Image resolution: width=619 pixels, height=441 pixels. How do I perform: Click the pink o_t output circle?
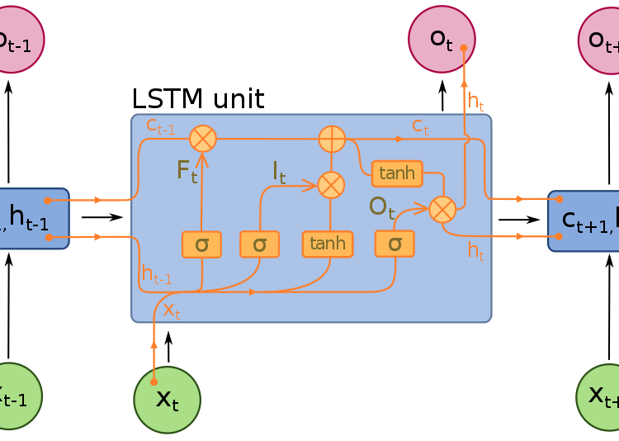click(442, 39)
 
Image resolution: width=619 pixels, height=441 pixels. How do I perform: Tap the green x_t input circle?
click(167, 400)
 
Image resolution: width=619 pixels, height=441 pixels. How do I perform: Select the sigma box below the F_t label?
click(201, 244)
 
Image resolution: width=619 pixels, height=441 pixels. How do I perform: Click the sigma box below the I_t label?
click(259, 244)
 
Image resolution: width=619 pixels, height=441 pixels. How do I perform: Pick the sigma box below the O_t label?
click(395, 244)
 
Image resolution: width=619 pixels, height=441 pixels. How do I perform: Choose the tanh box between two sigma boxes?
click(328, 244)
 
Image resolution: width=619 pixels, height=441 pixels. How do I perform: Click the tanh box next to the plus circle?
click(397, 173)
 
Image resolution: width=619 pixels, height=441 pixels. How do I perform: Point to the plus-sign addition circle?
click(332, 139)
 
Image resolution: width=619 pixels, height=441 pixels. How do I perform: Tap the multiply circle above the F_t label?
click(203, 139)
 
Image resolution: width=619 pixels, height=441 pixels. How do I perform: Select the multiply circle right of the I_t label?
click(331, 184)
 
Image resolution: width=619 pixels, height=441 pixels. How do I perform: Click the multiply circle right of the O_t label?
click(442, 209)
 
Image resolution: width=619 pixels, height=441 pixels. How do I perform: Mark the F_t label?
click(187, 171)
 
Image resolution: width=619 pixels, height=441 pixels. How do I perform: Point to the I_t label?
click(279, 172)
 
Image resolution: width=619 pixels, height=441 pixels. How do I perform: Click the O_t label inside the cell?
click(381, 206)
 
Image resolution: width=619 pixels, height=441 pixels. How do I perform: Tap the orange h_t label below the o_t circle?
click(475, 102)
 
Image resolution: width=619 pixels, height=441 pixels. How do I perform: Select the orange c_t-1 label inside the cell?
click(160, 126)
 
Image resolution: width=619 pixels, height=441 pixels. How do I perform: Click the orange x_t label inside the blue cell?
click(171, 310)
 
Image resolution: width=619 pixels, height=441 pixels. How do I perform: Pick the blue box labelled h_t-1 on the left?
click(33, 219)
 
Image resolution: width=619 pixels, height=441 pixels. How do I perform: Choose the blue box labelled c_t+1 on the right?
click(584, 220)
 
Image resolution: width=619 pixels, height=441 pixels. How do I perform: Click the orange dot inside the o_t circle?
click(464, 48)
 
